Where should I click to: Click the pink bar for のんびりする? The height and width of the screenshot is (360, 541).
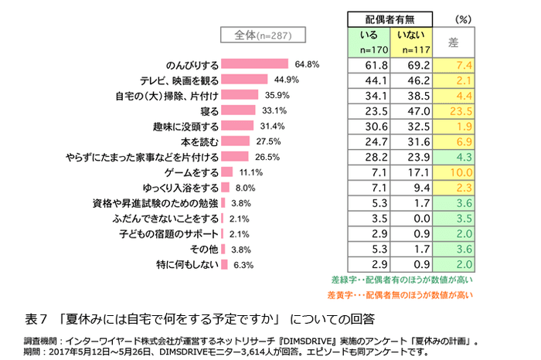pyautogui.click(x=254, y=64)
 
